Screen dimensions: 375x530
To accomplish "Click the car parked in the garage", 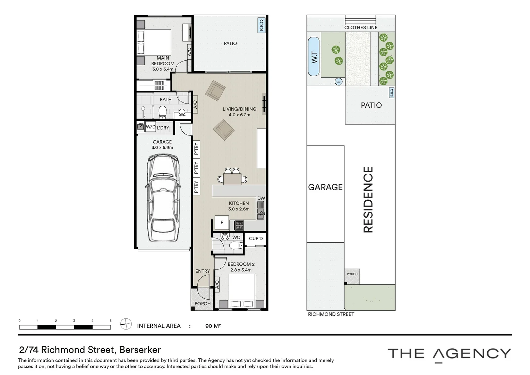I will point(163,198).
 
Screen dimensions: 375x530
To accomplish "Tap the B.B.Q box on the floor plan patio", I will point(262,25).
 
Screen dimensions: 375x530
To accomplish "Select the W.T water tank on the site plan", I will point(314,56).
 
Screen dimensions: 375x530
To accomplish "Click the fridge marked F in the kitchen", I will point(222,223).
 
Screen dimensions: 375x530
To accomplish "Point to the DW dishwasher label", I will point(261,199).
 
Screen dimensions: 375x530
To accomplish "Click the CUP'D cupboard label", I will point(256,239).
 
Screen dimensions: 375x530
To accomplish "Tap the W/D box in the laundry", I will point(151,127).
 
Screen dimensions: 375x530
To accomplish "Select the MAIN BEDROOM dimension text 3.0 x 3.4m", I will point(163,69).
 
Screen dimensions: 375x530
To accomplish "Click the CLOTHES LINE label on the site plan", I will point(361,27).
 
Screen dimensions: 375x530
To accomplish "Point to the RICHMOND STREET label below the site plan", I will point(331,314).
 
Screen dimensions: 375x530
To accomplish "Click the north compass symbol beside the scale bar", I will point(126,324).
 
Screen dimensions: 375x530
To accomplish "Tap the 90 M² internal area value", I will point(213,326).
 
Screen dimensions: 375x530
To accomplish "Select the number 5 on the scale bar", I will point(111,321).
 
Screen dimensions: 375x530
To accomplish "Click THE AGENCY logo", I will point(449,354).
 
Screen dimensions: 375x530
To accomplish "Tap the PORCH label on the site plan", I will point(352,274).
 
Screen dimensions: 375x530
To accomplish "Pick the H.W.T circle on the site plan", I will point(339,82).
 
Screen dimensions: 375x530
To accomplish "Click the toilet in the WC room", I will point(237,246).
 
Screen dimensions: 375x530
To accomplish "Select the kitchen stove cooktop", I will point(239,225).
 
